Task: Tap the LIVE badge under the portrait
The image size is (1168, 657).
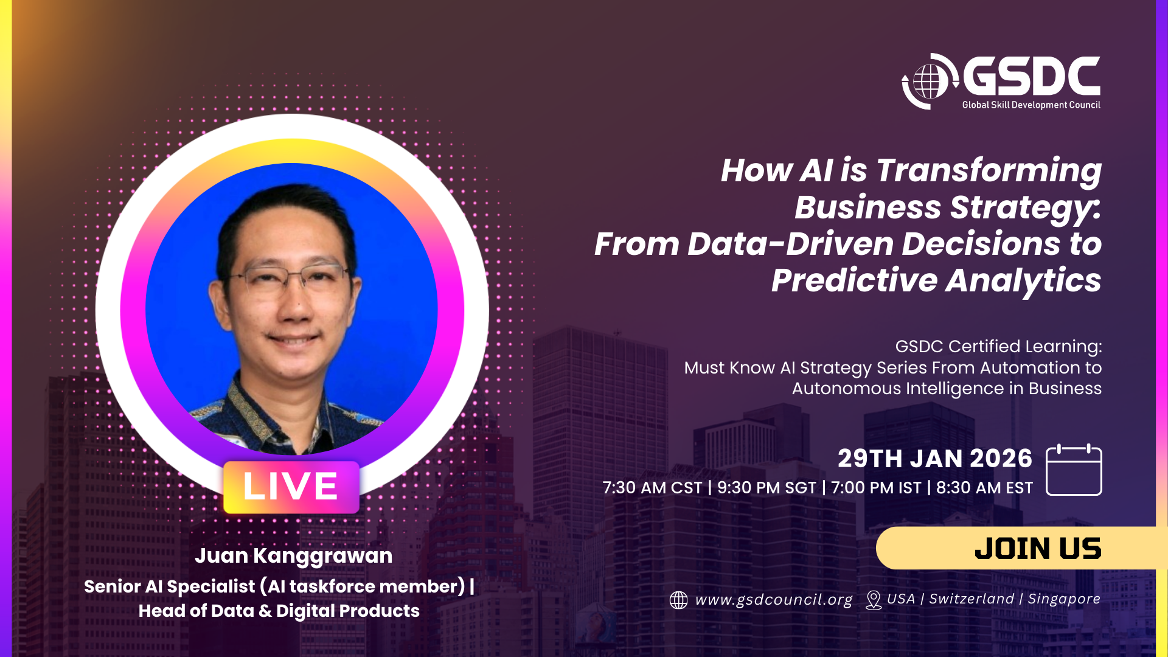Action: click(291, 487)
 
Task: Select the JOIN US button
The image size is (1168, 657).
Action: click(1022, 548)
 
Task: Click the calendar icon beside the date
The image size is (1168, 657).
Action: click(1074, 470)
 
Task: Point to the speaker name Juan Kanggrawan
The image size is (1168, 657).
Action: click(293, 555)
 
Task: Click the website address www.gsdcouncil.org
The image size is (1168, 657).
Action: click(774, 599)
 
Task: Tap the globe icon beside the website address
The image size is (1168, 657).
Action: click(678, 600)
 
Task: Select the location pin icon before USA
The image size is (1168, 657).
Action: click(874, 600)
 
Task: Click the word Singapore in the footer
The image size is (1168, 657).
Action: click(1064, 599)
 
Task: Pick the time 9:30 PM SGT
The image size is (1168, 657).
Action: click(766, 488)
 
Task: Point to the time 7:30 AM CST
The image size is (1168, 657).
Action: click(652, 488)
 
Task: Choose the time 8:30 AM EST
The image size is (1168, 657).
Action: click(984, 488)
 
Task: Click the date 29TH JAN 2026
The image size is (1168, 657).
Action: click(935, 459)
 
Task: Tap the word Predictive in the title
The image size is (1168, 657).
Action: click(854, 280)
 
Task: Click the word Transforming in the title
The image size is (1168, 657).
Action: click(989, 170)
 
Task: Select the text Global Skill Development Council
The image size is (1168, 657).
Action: click(1031, 105)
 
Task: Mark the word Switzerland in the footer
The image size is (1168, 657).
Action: click(972, 599)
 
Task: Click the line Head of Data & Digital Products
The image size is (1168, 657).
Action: click(279, 611)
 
